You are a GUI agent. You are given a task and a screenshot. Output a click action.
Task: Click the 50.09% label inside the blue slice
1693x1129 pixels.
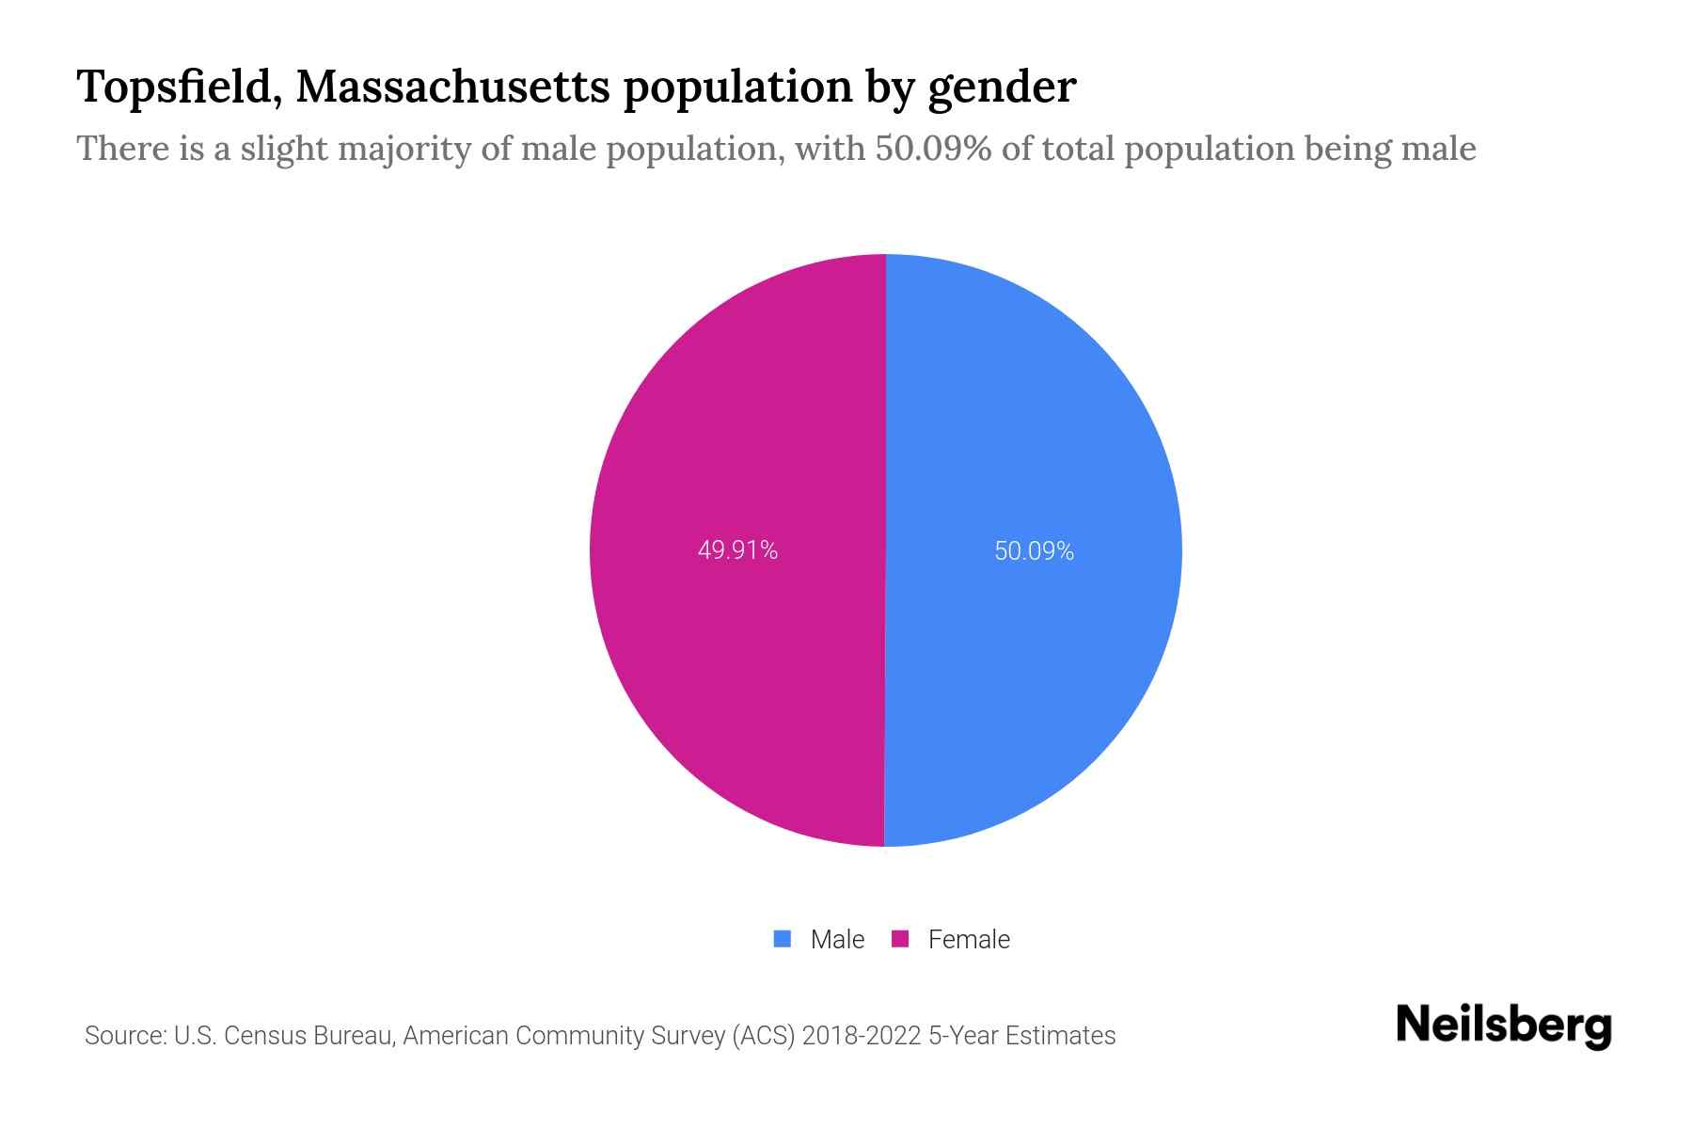coord(1034,551)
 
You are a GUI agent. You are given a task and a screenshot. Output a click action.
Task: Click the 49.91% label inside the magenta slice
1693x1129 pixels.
coord(737,550)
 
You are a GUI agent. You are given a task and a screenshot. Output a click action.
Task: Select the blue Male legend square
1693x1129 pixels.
coord(783,939)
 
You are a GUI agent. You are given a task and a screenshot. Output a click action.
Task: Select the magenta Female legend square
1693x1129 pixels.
coord(900,939)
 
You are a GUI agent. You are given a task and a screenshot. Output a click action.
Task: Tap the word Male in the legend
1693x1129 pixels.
coord(837,940)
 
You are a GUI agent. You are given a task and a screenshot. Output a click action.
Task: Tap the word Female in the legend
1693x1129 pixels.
coord(969,940)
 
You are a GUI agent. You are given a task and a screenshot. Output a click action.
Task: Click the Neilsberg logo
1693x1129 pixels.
coord(1503,1026)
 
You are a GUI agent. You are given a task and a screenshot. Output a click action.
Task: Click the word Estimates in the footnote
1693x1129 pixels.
coord(1060,1036)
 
